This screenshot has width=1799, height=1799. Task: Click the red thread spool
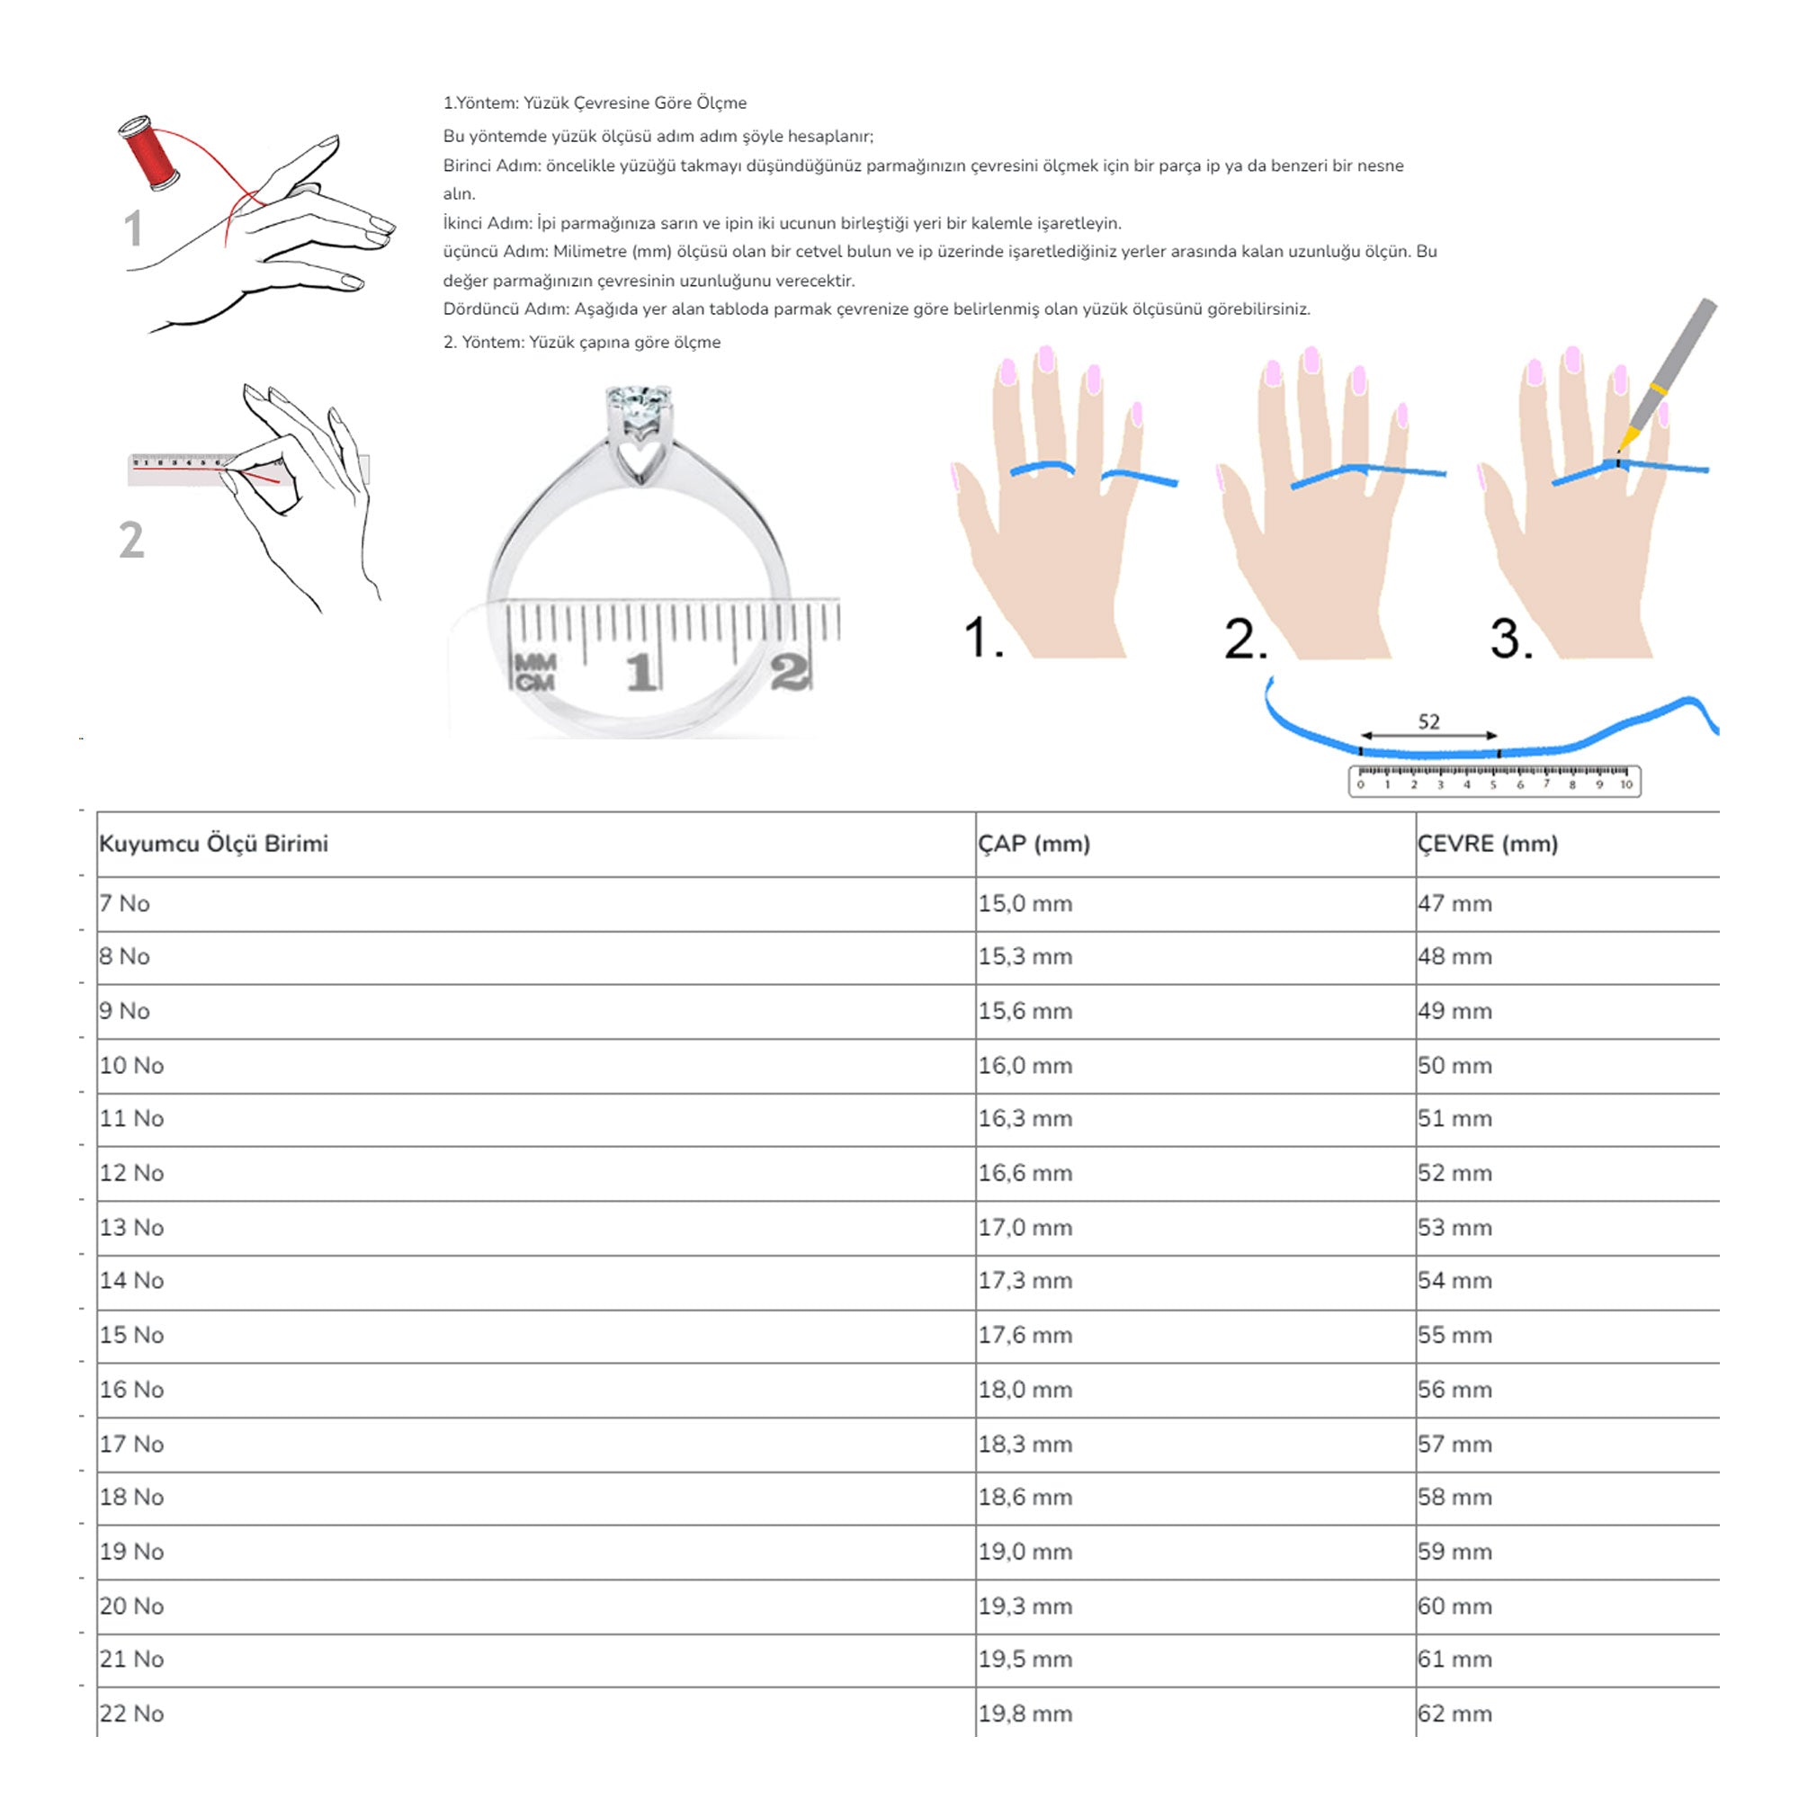point(150,153)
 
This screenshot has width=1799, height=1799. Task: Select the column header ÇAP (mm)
point(1034,844)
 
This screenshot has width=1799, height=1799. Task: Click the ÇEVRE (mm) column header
point(1487,844)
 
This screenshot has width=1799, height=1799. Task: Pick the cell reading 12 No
point(131,1172)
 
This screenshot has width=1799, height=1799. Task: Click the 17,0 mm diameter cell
point(1025,1227)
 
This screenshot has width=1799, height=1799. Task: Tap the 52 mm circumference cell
point(1454,1172)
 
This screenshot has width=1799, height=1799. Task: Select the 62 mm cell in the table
point(1454,1714)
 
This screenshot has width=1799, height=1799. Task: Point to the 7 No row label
point(125,903)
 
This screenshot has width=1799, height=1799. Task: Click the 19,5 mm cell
point(1025,1659)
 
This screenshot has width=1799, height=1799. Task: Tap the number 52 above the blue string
point(1428,721)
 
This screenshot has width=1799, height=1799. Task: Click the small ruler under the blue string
point(1493,780)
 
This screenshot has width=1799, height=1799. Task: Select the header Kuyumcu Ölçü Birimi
point(213,844)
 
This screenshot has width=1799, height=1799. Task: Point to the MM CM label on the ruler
point(535,672)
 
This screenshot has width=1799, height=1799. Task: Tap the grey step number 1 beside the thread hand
point(133,229)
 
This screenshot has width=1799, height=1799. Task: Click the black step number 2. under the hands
point(1245,639)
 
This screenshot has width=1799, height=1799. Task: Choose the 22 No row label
point(131,1714)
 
